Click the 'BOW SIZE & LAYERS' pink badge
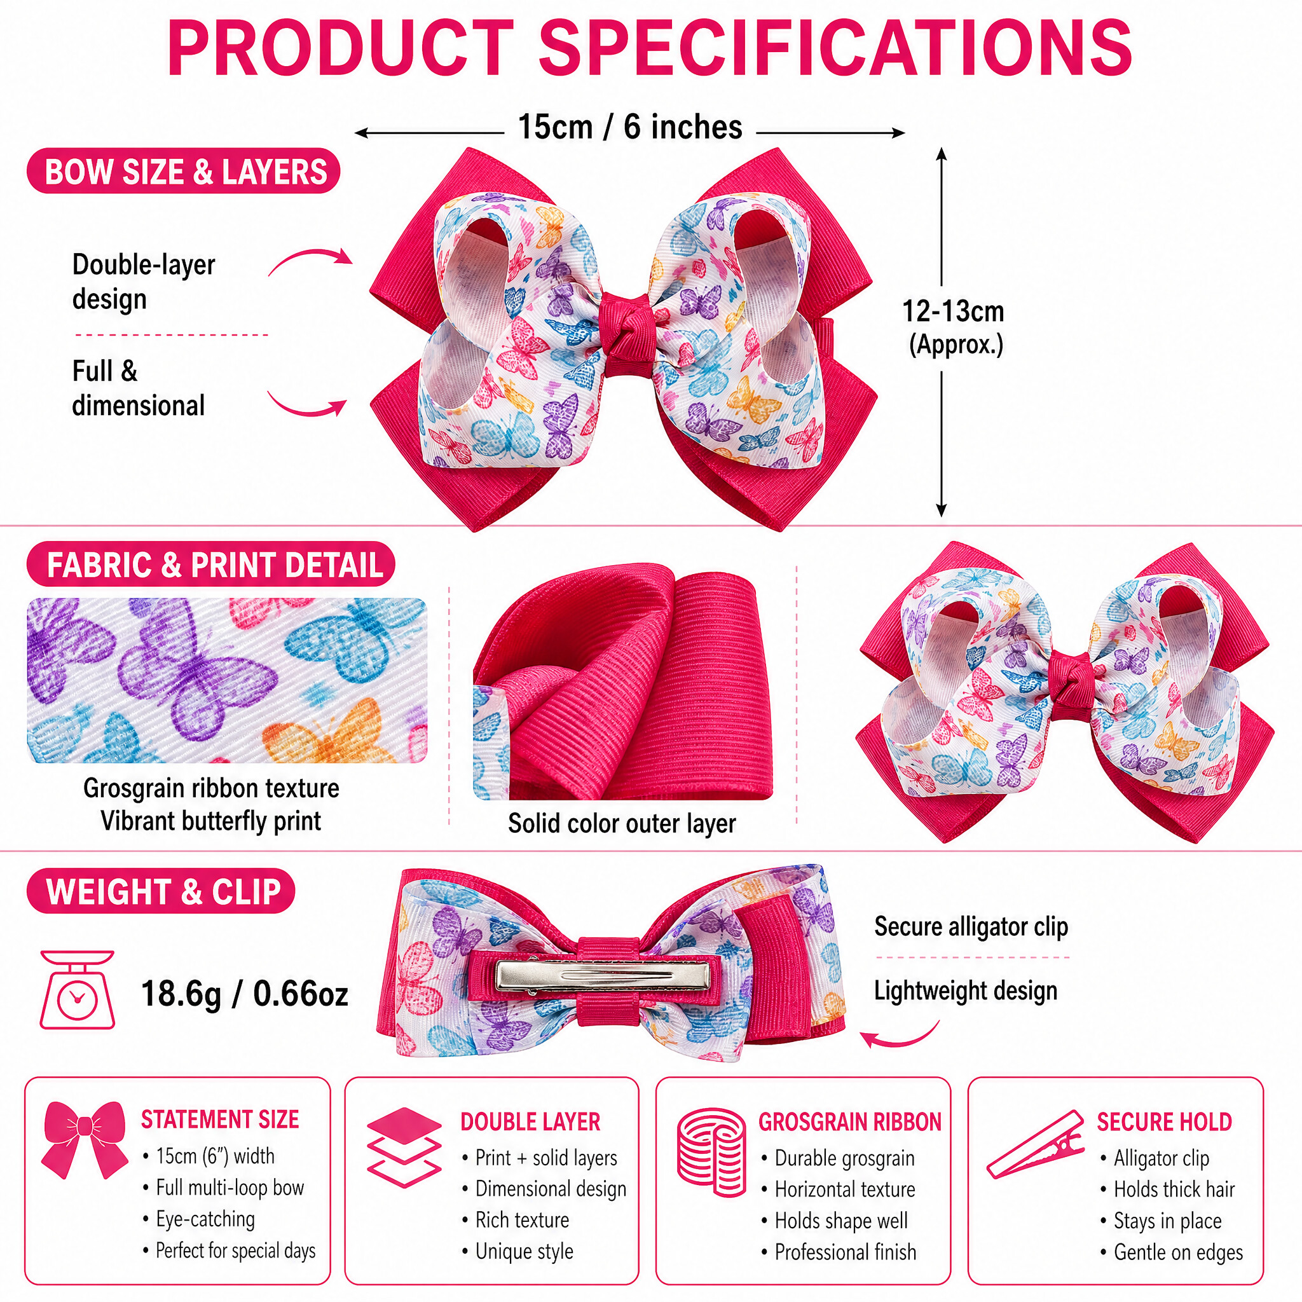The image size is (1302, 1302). coord(183,171)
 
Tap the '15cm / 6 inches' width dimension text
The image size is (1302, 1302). coord(630,127)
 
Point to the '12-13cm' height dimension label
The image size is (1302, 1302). coord(953,312)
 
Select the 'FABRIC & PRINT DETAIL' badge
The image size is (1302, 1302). coord(211,564)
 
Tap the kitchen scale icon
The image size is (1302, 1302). coord(77,989)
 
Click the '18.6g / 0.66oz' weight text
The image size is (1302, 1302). coord(245,994)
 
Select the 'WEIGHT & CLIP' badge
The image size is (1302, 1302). coord(161,891)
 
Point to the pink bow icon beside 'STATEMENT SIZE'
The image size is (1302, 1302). coord(85,1141)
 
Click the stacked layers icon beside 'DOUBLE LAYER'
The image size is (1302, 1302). coord(404,1147)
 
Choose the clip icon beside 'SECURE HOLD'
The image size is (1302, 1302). coord(1035,1145)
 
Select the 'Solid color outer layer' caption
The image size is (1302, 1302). coord(621,823)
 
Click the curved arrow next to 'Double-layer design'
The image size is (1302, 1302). coord(310,256)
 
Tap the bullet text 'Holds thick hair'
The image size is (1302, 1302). coord(1174,1189)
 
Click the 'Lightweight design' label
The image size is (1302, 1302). coord(966,990)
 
